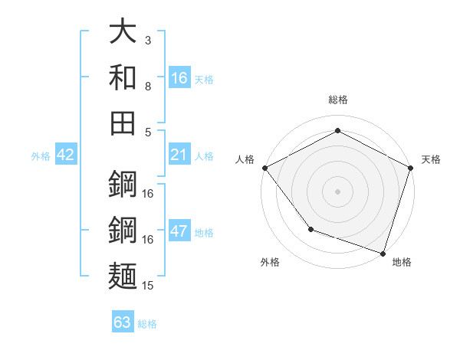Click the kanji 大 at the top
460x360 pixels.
pyautogui.click(x=123, y=33)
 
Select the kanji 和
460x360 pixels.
pyautogui.click(x=123, y=78)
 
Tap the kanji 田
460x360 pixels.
pyautogui.click(x=123, y=123)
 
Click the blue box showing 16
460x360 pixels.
pyautogui.click(x=179, y=78)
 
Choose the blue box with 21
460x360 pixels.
pyautogui.click(x=179, y=155)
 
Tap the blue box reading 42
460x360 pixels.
pyautogui.click(x=66, y=155)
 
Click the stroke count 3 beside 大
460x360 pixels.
pyautogui.click(x=148, y=40)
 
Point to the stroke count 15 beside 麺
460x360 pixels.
pyautogui.click(x=149, y=286)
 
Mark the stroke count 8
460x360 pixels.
pyautogui.click(x=148, y=87)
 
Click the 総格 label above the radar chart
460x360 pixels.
pyautogui.click(x=338, y=100)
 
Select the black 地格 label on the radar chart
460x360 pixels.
pyautogui.click(x=402, y=262)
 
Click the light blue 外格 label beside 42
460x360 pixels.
pyautogui.click(x=41, y=156)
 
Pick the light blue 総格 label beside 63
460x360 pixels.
pyautogui.click(x=147, y=323)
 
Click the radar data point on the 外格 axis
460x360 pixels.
pyautogui.click(x=310, y=229)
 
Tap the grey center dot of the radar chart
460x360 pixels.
pyautogui.click(x=338, y=191)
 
